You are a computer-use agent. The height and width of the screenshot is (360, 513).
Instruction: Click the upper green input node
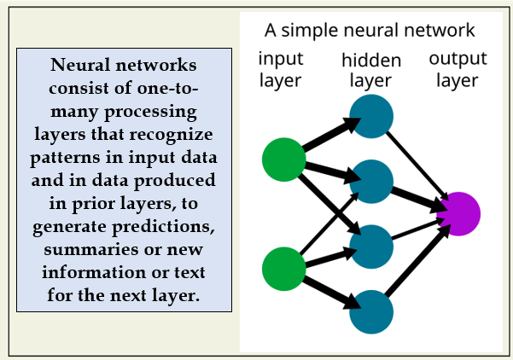pyautogui.click(x=284, y=160)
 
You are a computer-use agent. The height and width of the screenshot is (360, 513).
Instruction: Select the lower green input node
pyautogui.click(x=284, y=269)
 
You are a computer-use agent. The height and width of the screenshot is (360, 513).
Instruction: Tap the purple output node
pyautogui.click(x=458, y=214)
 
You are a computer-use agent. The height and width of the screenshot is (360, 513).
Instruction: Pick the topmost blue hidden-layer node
pyautogui.click(x=371, y=116)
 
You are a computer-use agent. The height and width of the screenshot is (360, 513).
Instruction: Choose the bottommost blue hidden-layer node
pyautogui.click(x=371, y=312)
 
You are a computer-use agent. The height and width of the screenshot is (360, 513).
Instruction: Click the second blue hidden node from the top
pyautogui.click(x=371, y=182)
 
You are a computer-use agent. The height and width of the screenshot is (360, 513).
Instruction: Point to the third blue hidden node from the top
pyautogui.click(x=371, y=247)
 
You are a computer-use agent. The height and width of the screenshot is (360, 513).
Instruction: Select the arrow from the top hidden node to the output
pyautogui.click(x=417, y=165)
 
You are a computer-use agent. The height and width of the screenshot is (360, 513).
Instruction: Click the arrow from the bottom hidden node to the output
pyautogui.click(x=418, y=259)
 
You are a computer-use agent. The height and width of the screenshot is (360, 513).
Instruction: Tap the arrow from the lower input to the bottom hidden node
pyautogui.click(x=331, y=293)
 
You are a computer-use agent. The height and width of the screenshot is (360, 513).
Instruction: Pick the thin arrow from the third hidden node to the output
pyautogui.click(x=418, y=229)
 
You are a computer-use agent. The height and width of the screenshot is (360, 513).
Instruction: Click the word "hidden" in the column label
pyautogui.click(x=371, y=61)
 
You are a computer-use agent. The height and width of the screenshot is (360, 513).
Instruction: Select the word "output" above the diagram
pyautogui.click(x=458, y=59)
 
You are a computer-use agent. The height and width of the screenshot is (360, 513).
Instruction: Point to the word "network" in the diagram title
pyautogui.click(x=440, y=30)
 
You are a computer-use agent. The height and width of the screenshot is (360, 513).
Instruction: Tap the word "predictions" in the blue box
pyautogui.click(x=163, y=227)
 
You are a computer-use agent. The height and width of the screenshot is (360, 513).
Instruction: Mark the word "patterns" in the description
pyautogui.click(x=66, y=158)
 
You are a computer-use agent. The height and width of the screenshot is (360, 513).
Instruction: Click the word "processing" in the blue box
pyautogui.click(x=150, y=112)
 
